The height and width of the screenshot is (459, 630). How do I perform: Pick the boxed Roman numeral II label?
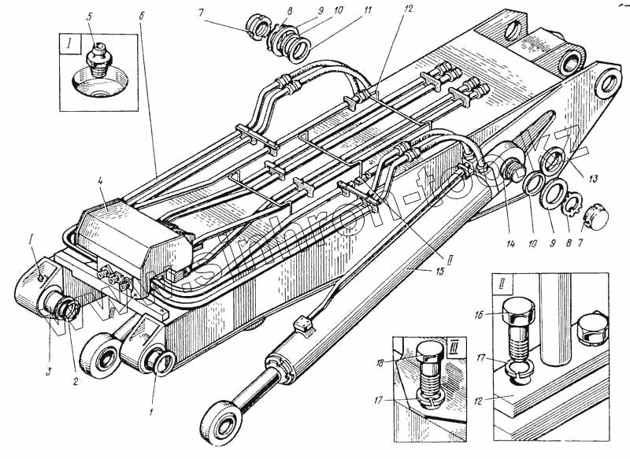pos(502,281)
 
